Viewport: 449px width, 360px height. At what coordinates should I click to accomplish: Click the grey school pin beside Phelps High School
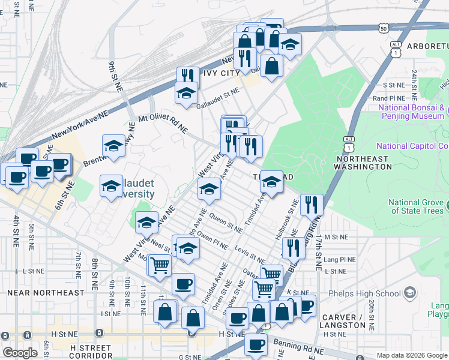coord(410,293)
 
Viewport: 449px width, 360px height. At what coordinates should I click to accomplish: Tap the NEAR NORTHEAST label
coord(46,293)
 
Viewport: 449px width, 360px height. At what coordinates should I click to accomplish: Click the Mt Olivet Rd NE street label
coord(163,124)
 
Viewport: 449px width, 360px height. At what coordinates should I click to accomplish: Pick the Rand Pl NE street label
coord(390,98)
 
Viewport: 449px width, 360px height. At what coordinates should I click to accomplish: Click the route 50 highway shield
coord(383,28)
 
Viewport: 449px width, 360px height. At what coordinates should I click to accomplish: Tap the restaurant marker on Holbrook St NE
coord(311,205)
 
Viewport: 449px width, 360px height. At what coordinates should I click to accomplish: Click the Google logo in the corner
coord(20,353)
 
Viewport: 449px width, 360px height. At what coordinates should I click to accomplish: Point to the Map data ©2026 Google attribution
coord(411,355)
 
